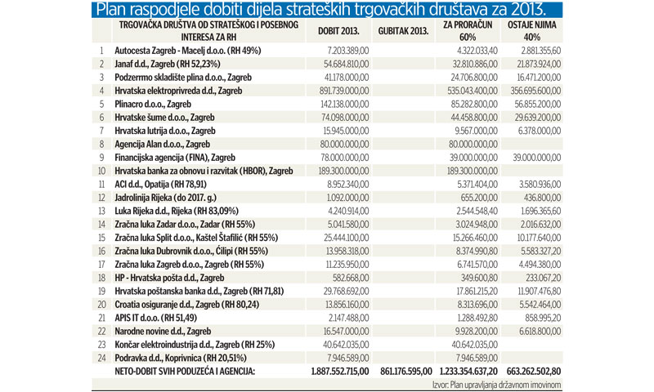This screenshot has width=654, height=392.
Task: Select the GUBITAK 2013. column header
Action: [x=405, y=31]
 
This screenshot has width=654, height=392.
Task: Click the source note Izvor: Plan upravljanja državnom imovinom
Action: [x=497, y=384]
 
